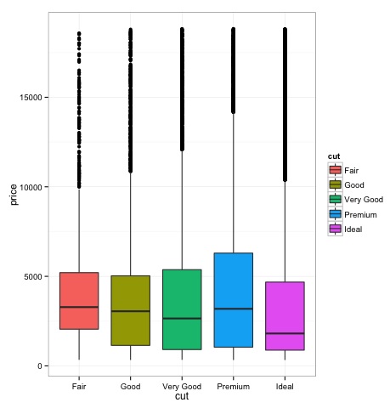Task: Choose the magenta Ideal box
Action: click(284, 315)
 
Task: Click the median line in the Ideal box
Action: click(284, 333)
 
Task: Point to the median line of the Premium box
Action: click(233, 309)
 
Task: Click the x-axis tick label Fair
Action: click(79, 386)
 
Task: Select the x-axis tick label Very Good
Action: click(181, 386)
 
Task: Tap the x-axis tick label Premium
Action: click(233, 386)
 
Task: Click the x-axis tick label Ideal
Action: click(284, 386)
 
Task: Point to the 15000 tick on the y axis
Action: click(33, 98)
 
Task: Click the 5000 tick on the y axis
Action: click(35, 276)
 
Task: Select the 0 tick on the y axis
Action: click(41, 366)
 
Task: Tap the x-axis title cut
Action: click(182, 397)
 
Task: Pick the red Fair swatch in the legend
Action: click(336, 170)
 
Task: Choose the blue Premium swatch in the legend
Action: click(336, 214)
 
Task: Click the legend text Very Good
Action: click(365, 200)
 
